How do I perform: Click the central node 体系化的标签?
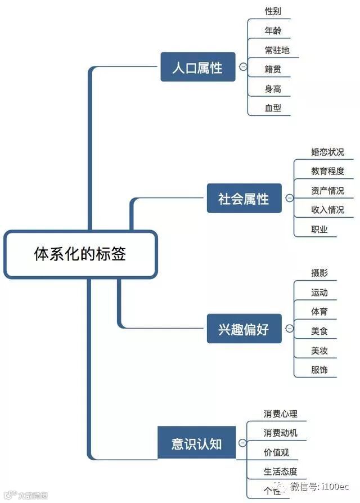pyautogui.click(x=80, y=254)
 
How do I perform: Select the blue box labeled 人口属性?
pyautogui.click(x=197, y=68)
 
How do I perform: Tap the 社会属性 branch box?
pyautogui.click(x=244, y=199)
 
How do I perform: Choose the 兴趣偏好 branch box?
pyautogui.click(x=244, y=329)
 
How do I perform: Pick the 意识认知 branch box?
pyautogui.click(x=197, y=444)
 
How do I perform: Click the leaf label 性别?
pyautogui.click(x=273, y=11)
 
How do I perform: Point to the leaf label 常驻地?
pyautogui.click(x=277, y=50)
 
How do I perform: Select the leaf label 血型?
pyautogui.click(x=273, y=108)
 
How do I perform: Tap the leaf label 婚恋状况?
pyautogui.click(x=327, y=152)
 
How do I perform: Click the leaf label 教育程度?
pyautogui.click(x=327, y=171)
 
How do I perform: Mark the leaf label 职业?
pyautogui.click(x=319, y=229)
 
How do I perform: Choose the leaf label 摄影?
pyautogui.click(x=319, y=273)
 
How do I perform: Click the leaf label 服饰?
pyautogui.click(x=319, y=370)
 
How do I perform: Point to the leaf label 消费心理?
pyautogui.click(x=280, y=414)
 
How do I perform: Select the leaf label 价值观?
pyautogui.click(x=276, y=452)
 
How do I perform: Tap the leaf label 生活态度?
pyautogui.click(x=280, y=471)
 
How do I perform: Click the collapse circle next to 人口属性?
pyautogui.click(x=243, y=67)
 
